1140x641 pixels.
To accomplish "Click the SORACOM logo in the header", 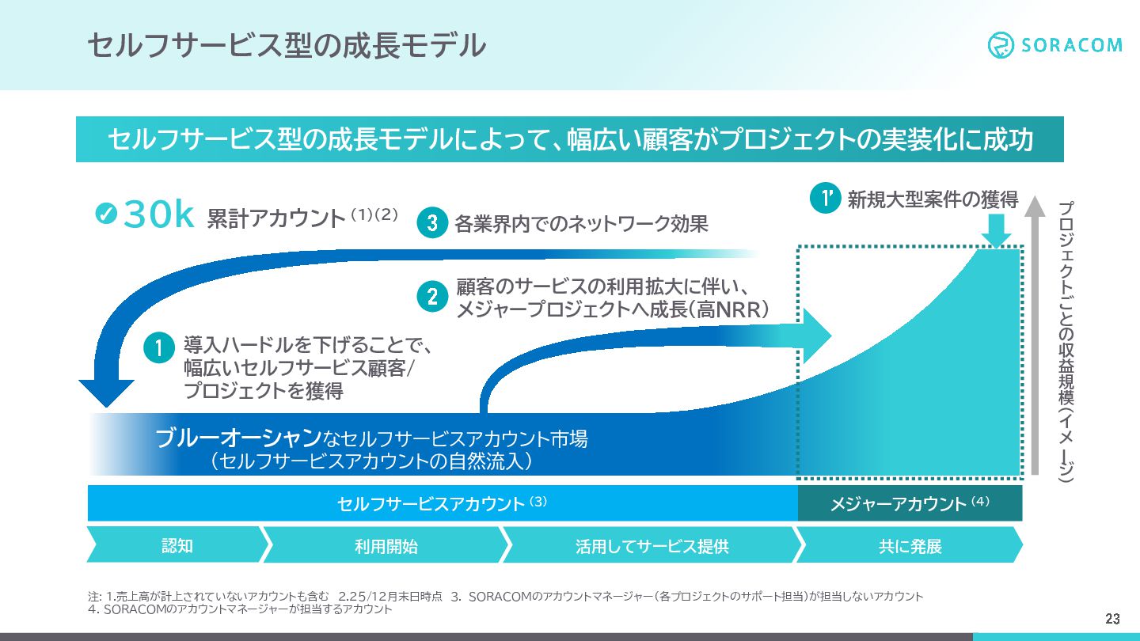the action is pyautogui.click(x=1054, y=44).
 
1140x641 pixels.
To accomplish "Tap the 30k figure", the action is pyautogui.click(x=159, y=216).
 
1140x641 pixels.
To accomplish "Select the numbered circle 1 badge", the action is pyautogui.click(x=158, y=349).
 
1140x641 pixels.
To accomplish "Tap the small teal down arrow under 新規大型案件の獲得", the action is pyautogui.click(x=997, y=233).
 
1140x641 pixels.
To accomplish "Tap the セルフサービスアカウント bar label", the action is pyautogui.click(x=431, y=504).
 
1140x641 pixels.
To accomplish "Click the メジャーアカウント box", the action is pyautogui.click(x=910, y=504).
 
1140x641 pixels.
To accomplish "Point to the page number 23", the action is pyautogui.click(x=1113, y=618).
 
